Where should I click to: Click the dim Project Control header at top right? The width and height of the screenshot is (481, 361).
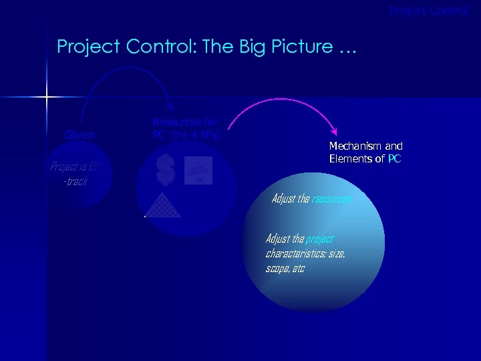click(429, 11)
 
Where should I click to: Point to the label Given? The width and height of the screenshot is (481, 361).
click(79, 135)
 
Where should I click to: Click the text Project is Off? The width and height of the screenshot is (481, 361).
click(75, 167)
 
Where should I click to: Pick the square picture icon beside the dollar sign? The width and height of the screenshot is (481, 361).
click(198, 170)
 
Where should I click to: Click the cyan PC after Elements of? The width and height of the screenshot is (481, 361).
click(394, 158)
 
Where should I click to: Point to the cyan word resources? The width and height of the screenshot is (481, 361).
click(331, 199)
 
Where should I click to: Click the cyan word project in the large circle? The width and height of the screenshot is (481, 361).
click(319, 239)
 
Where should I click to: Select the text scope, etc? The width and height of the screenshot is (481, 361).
click(285, 268)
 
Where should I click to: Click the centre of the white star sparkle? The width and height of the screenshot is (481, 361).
click(47, 98)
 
